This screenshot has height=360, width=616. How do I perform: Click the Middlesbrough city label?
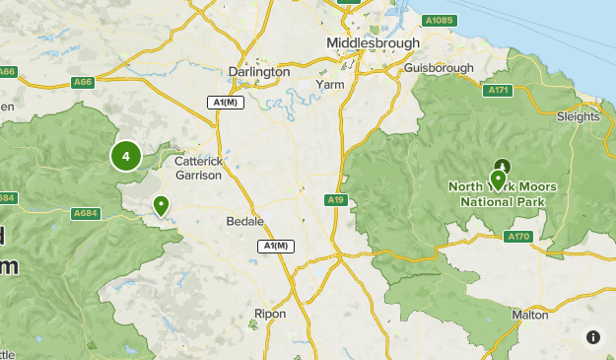[x=374, y=43]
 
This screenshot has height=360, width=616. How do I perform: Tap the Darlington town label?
[x=258, y=72]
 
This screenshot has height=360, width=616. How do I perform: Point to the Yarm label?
[x=329, y=85]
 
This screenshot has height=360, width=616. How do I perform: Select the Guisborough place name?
[x=440, y=68]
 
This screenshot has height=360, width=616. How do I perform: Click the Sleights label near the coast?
[x=579, y=115]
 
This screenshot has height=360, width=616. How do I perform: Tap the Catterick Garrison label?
[x=204, y=167]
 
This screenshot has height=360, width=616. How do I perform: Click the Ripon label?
[x=270, y=314]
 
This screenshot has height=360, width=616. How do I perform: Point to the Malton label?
[x=529, y=315]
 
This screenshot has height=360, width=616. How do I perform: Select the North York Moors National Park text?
[x=503, y=193]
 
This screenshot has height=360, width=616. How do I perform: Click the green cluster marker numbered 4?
[x=125, y=156]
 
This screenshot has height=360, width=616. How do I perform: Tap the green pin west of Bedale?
[x=160, y=206]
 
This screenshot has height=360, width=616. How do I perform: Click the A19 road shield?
[x=336, y=200]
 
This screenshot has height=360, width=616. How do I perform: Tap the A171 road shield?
[x=498, y=90]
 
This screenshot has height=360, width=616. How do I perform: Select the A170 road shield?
[x=517, y=237]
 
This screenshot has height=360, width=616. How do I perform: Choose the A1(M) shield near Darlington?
[x=225, y=102]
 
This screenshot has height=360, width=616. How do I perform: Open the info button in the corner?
[x=592, y=337]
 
